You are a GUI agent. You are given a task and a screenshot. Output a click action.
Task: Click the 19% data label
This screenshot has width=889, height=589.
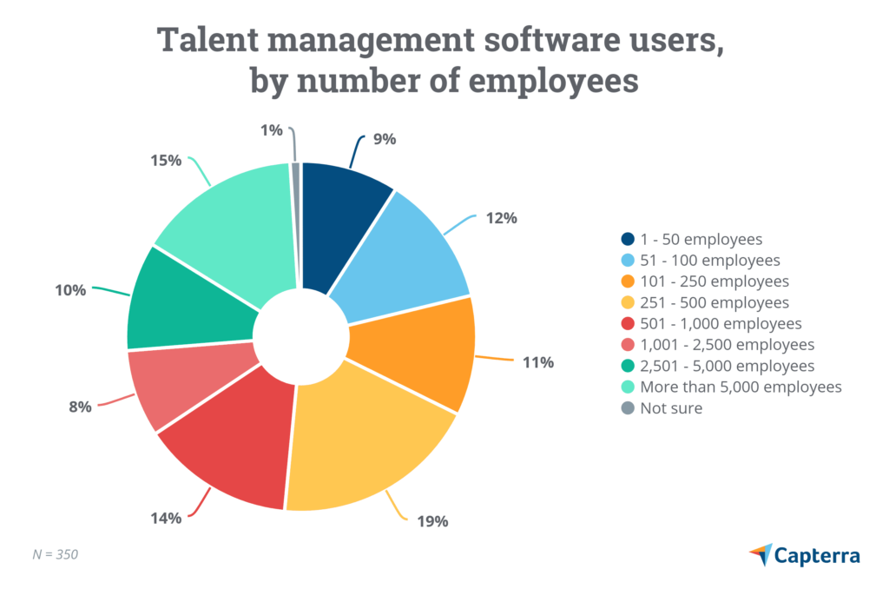tap(431, 521)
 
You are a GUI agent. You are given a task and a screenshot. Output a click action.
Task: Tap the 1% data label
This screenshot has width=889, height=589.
tap(272, 130)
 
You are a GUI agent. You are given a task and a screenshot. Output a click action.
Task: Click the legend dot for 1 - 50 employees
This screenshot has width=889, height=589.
tap(628, 240)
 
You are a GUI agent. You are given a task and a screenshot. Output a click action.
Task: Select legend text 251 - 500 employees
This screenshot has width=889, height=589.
tap(714, 302)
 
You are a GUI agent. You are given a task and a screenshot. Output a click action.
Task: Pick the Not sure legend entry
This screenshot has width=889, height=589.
tap(671, 407)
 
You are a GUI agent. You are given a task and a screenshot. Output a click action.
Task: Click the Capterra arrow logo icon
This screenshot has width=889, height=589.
tap(761, 553)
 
